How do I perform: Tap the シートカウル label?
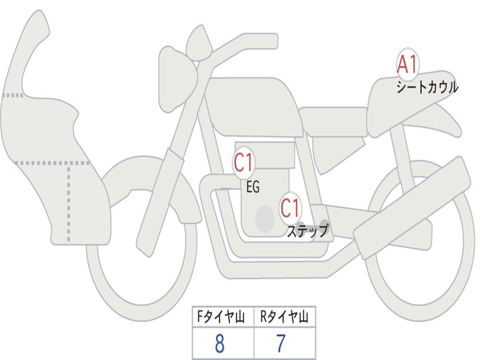tap(427, 88)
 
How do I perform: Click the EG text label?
tap(253, 187)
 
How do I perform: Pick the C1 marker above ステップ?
tap(290, 208)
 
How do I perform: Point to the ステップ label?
tap(307, 231)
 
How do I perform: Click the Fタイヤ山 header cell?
tap(223, 318)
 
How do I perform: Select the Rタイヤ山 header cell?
tap(284, 318)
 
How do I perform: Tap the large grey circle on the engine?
tap(264, 218)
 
